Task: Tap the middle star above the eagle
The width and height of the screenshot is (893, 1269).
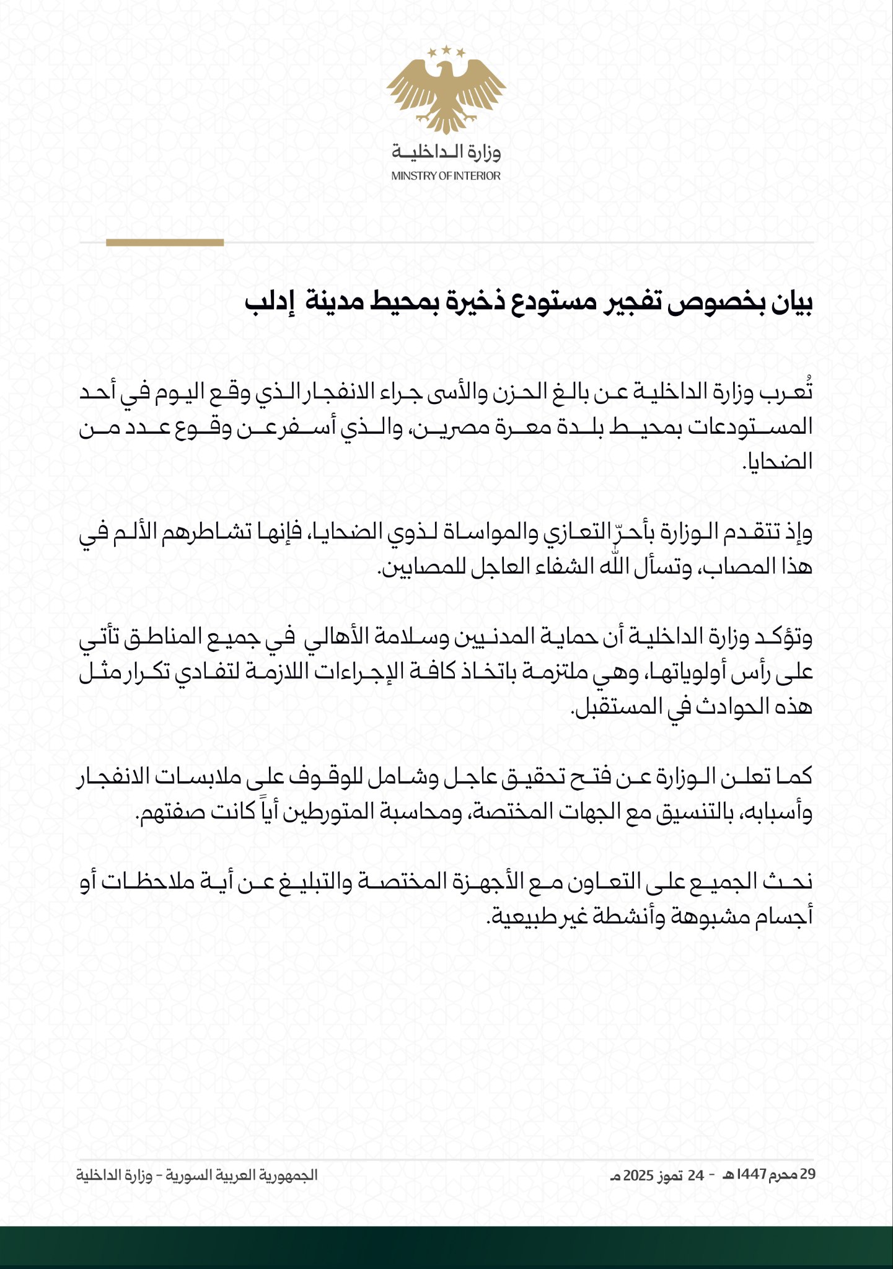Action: click(446, 49)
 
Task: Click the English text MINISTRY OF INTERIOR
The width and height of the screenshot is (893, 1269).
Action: click(446, 176)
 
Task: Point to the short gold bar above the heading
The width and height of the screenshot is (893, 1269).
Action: click(165, 243)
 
